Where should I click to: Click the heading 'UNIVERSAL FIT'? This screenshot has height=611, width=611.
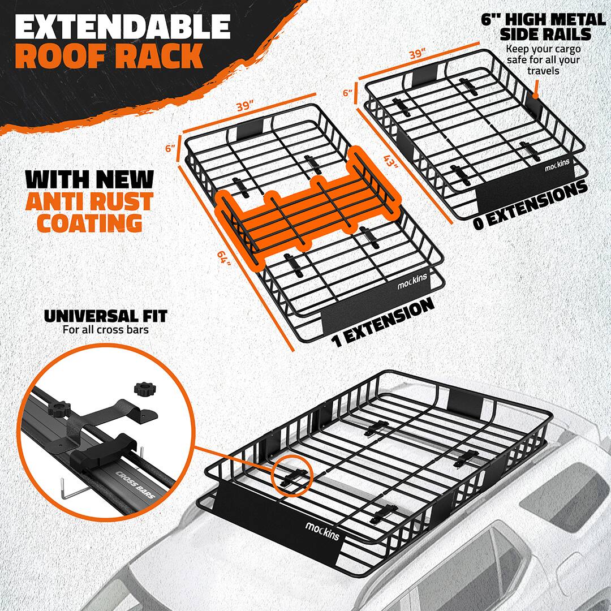[x=106, y=316]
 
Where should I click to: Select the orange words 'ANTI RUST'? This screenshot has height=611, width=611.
[x=90, y=201]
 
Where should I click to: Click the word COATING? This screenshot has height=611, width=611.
[x=89, y=222]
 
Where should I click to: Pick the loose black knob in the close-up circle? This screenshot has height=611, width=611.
[x=143, y=389]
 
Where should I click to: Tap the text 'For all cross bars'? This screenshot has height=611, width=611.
[x=106, y=329]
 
